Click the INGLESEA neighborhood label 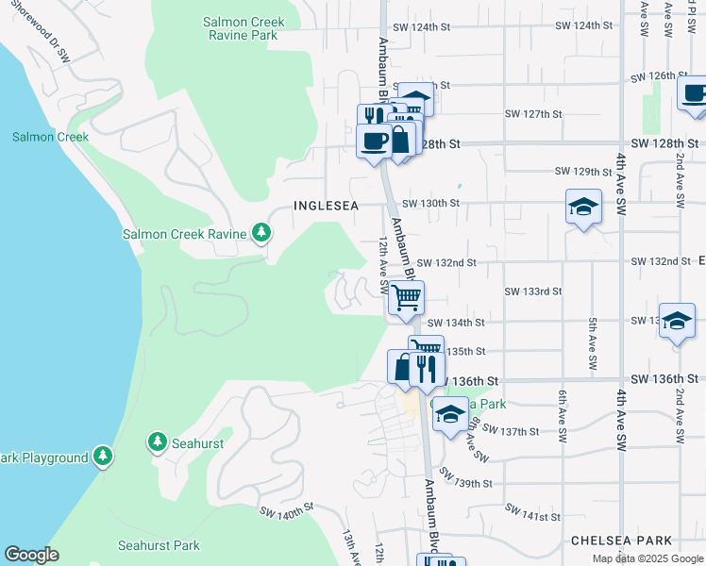327,205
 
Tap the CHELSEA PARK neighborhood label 621,541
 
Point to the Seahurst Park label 159,545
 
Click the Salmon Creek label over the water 50,137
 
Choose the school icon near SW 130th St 583,207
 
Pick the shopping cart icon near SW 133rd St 406,298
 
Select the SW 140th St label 286,510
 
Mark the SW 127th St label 533,113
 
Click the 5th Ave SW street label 592,343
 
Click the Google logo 32,555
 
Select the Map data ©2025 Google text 647,558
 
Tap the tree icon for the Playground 103,458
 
